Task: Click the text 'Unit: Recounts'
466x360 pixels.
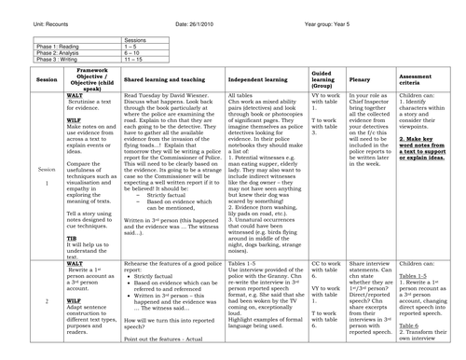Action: [27, 9]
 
